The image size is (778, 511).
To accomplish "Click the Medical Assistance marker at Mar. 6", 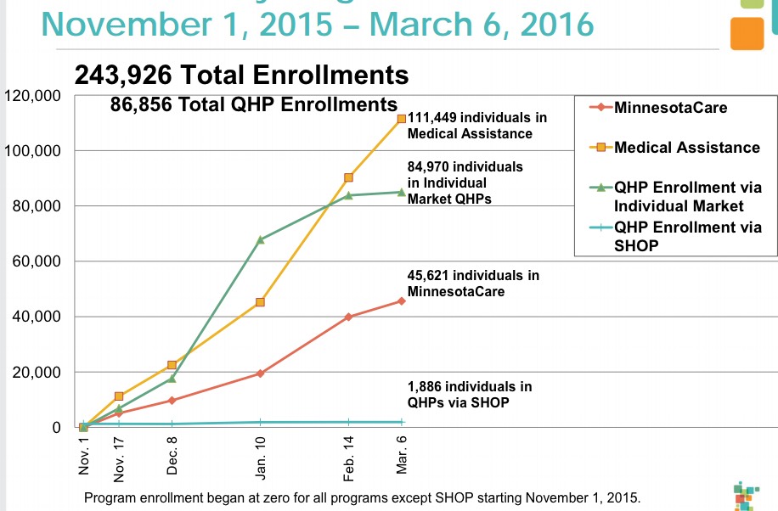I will click(x=402, y=119).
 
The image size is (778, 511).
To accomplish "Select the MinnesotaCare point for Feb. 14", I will click(x=349, y=317).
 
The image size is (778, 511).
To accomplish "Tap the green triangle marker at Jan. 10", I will click(x=260, y=239).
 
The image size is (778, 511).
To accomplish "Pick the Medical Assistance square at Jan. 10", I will click(x=260, y=302).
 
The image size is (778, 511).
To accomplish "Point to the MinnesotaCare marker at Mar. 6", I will click(x=402, y=300).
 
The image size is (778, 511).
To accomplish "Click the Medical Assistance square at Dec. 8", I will click(x=172, y=365).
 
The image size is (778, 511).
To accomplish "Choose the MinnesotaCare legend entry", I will click(x=670, y=108).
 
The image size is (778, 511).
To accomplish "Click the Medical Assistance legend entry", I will click(x=686, y=148).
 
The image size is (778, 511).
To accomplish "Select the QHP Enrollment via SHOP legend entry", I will click(x=686, y=235).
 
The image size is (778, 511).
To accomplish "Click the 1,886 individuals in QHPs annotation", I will click(x=470, y=395).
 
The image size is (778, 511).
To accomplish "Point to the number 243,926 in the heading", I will click(x=127, y=76).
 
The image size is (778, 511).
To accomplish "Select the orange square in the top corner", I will click(x=747, y=33).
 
